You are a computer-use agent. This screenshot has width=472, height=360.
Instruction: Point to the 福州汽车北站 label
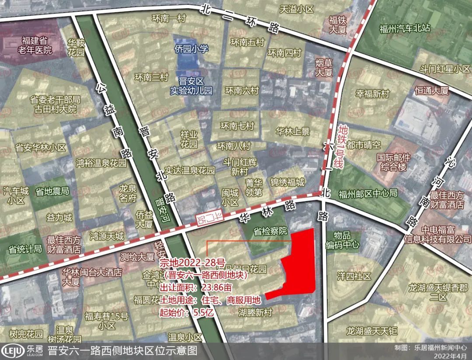tap(405, 29)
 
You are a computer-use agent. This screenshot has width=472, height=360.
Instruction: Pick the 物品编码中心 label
tap(343, 241)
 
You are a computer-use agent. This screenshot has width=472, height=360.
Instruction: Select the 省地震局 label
tap(52, 191)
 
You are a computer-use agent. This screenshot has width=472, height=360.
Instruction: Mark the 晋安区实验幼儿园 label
tap(191, 87)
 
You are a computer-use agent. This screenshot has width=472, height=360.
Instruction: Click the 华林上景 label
tap(293, 132)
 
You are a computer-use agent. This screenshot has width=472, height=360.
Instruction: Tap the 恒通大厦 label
tap(432, 91)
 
